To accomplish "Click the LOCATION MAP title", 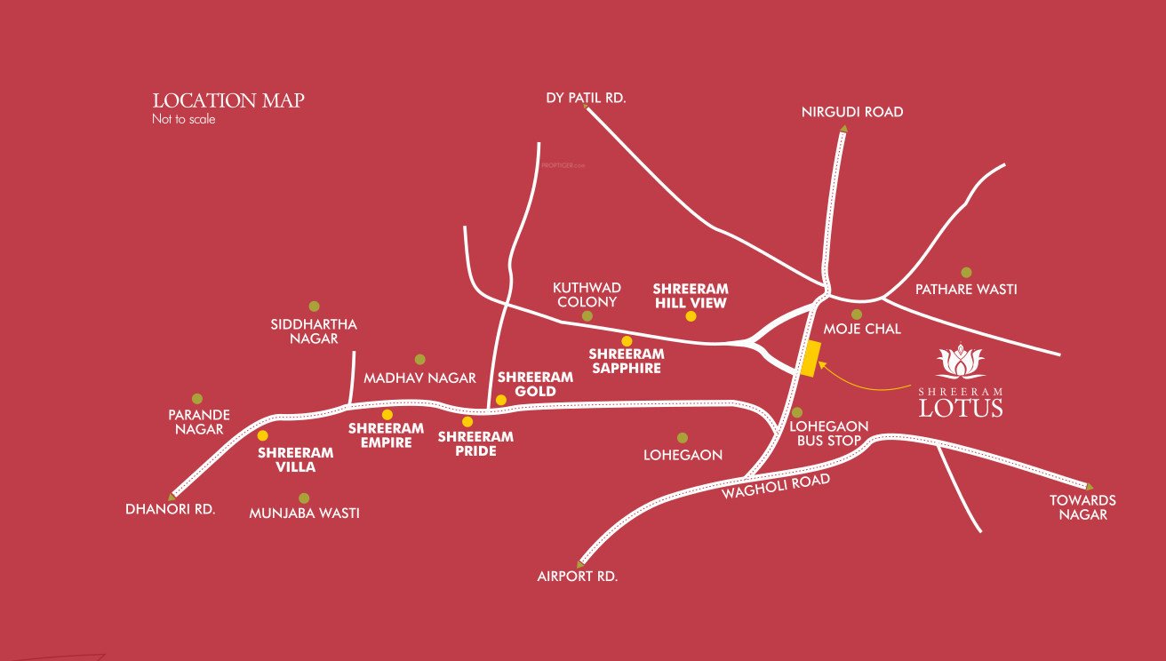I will pyautogui.click(x=228, y=100).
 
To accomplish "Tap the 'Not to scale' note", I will pyautogui.click(x=183, y=119).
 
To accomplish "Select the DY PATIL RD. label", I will pyautogui.click(x=586, y=98).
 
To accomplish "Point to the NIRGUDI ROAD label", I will pyautogui.click(x=851, y=112).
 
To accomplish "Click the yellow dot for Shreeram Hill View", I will pyautogui.click(x=691, y=316).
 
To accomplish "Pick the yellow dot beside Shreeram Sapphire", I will pyautogui.click(x=627, y=341).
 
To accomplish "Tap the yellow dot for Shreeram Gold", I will pyautogui.click(x=501, y=400).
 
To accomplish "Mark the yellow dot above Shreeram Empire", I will pyautogui.click(x=387, y=415).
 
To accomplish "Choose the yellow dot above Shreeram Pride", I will pyautogui.click(x=467, y=421).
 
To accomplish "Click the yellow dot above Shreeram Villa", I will pyautogui.click(x=262, y=435).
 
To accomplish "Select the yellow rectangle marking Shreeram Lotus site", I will pyautogui.click(x=810, y=359).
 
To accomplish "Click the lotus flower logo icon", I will pyautogui.click(x=961, y=362).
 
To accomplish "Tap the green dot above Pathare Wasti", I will pyautogui.click(x=966, y=273).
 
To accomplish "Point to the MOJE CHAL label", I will pyautogui.click(x=862, y=329).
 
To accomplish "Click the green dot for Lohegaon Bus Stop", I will pyautogui.click(x=797, y=412).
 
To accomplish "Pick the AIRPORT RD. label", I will pyautogui.click(x=577, y=576).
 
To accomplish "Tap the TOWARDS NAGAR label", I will pyautogui.click(x=1082, y=507).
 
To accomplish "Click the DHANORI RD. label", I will pyautogui.click(x=171, y=510).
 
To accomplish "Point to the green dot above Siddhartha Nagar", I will pyautogui.click(x=314, y=307).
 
